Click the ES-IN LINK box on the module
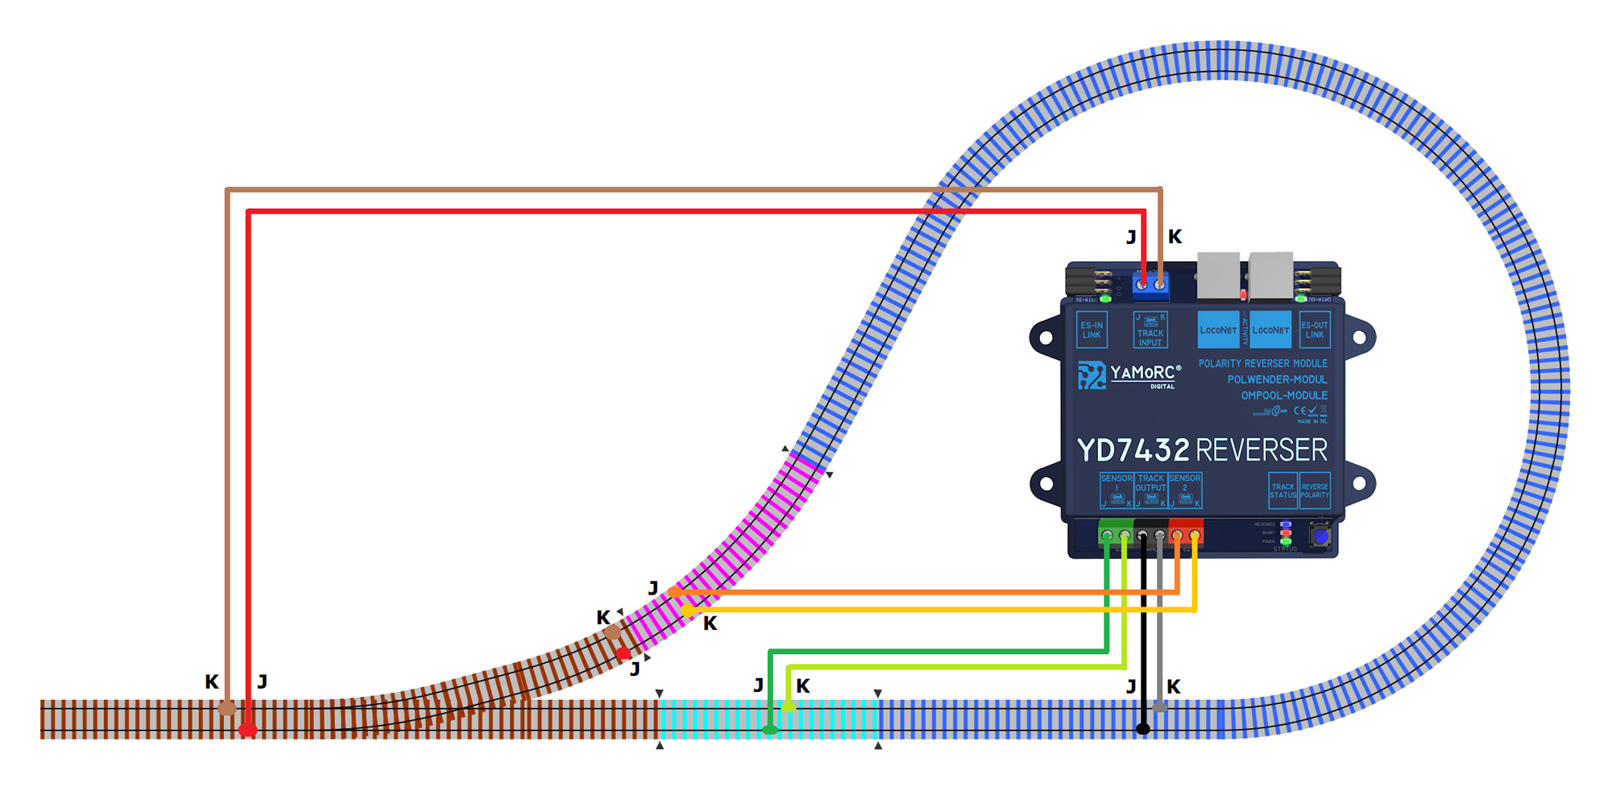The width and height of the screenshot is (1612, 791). [1092, 330]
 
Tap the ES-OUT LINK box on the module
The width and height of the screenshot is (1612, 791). [1315, 330]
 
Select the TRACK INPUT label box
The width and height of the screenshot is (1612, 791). [1150, 330]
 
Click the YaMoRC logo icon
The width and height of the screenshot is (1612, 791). [1092, 375]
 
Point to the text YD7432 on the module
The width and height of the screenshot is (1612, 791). [1133, 450]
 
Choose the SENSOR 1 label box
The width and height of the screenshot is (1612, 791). [1117, 490]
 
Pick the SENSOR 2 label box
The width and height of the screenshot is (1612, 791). [1185, 490]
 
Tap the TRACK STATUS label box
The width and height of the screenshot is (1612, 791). [1283, 491]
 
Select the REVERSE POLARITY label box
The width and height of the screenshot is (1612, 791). [1315, 491]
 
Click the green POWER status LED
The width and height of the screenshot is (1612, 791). [1286, 541]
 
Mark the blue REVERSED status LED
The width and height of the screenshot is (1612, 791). [1286, 524]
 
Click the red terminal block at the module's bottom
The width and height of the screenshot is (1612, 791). [1185, 533]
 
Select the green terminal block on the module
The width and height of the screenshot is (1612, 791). [1116, 533]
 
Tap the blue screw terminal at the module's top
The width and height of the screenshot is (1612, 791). [1150, 284]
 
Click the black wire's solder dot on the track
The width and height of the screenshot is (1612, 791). [1142, 729]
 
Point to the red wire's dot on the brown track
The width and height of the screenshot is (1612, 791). [247, 730]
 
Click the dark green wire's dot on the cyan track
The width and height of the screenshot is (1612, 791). [770, 730]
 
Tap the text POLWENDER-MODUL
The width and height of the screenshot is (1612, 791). [1277, 379]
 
